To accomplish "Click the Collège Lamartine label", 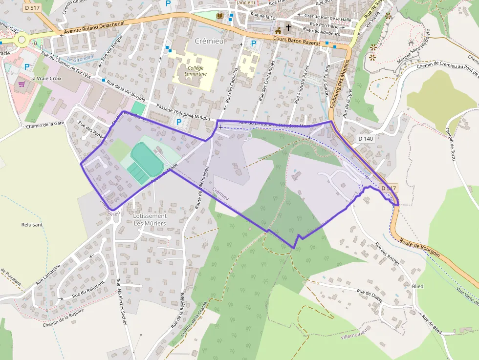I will [x=196, y=70].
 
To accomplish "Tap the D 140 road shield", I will [x=365, y=139].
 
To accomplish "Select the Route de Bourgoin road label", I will [x=419, y=248].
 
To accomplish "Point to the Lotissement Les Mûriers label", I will [x=150, y=219].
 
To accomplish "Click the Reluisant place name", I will [x=32, y=225].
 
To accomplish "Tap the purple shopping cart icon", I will [x=22, y=84].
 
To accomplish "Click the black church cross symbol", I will [x=288, y=28].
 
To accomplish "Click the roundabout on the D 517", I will [x=21, y=41].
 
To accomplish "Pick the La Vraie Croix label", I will [x=47, y=78].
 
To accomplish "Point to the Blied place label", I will [x=418, y=286].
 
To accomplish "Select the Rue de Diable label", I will [x=370, y=296].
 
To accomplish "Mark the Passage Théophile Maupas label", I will [x=183, y=112].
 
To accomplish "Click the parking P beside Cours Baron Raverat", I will [x=253, y=43].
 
